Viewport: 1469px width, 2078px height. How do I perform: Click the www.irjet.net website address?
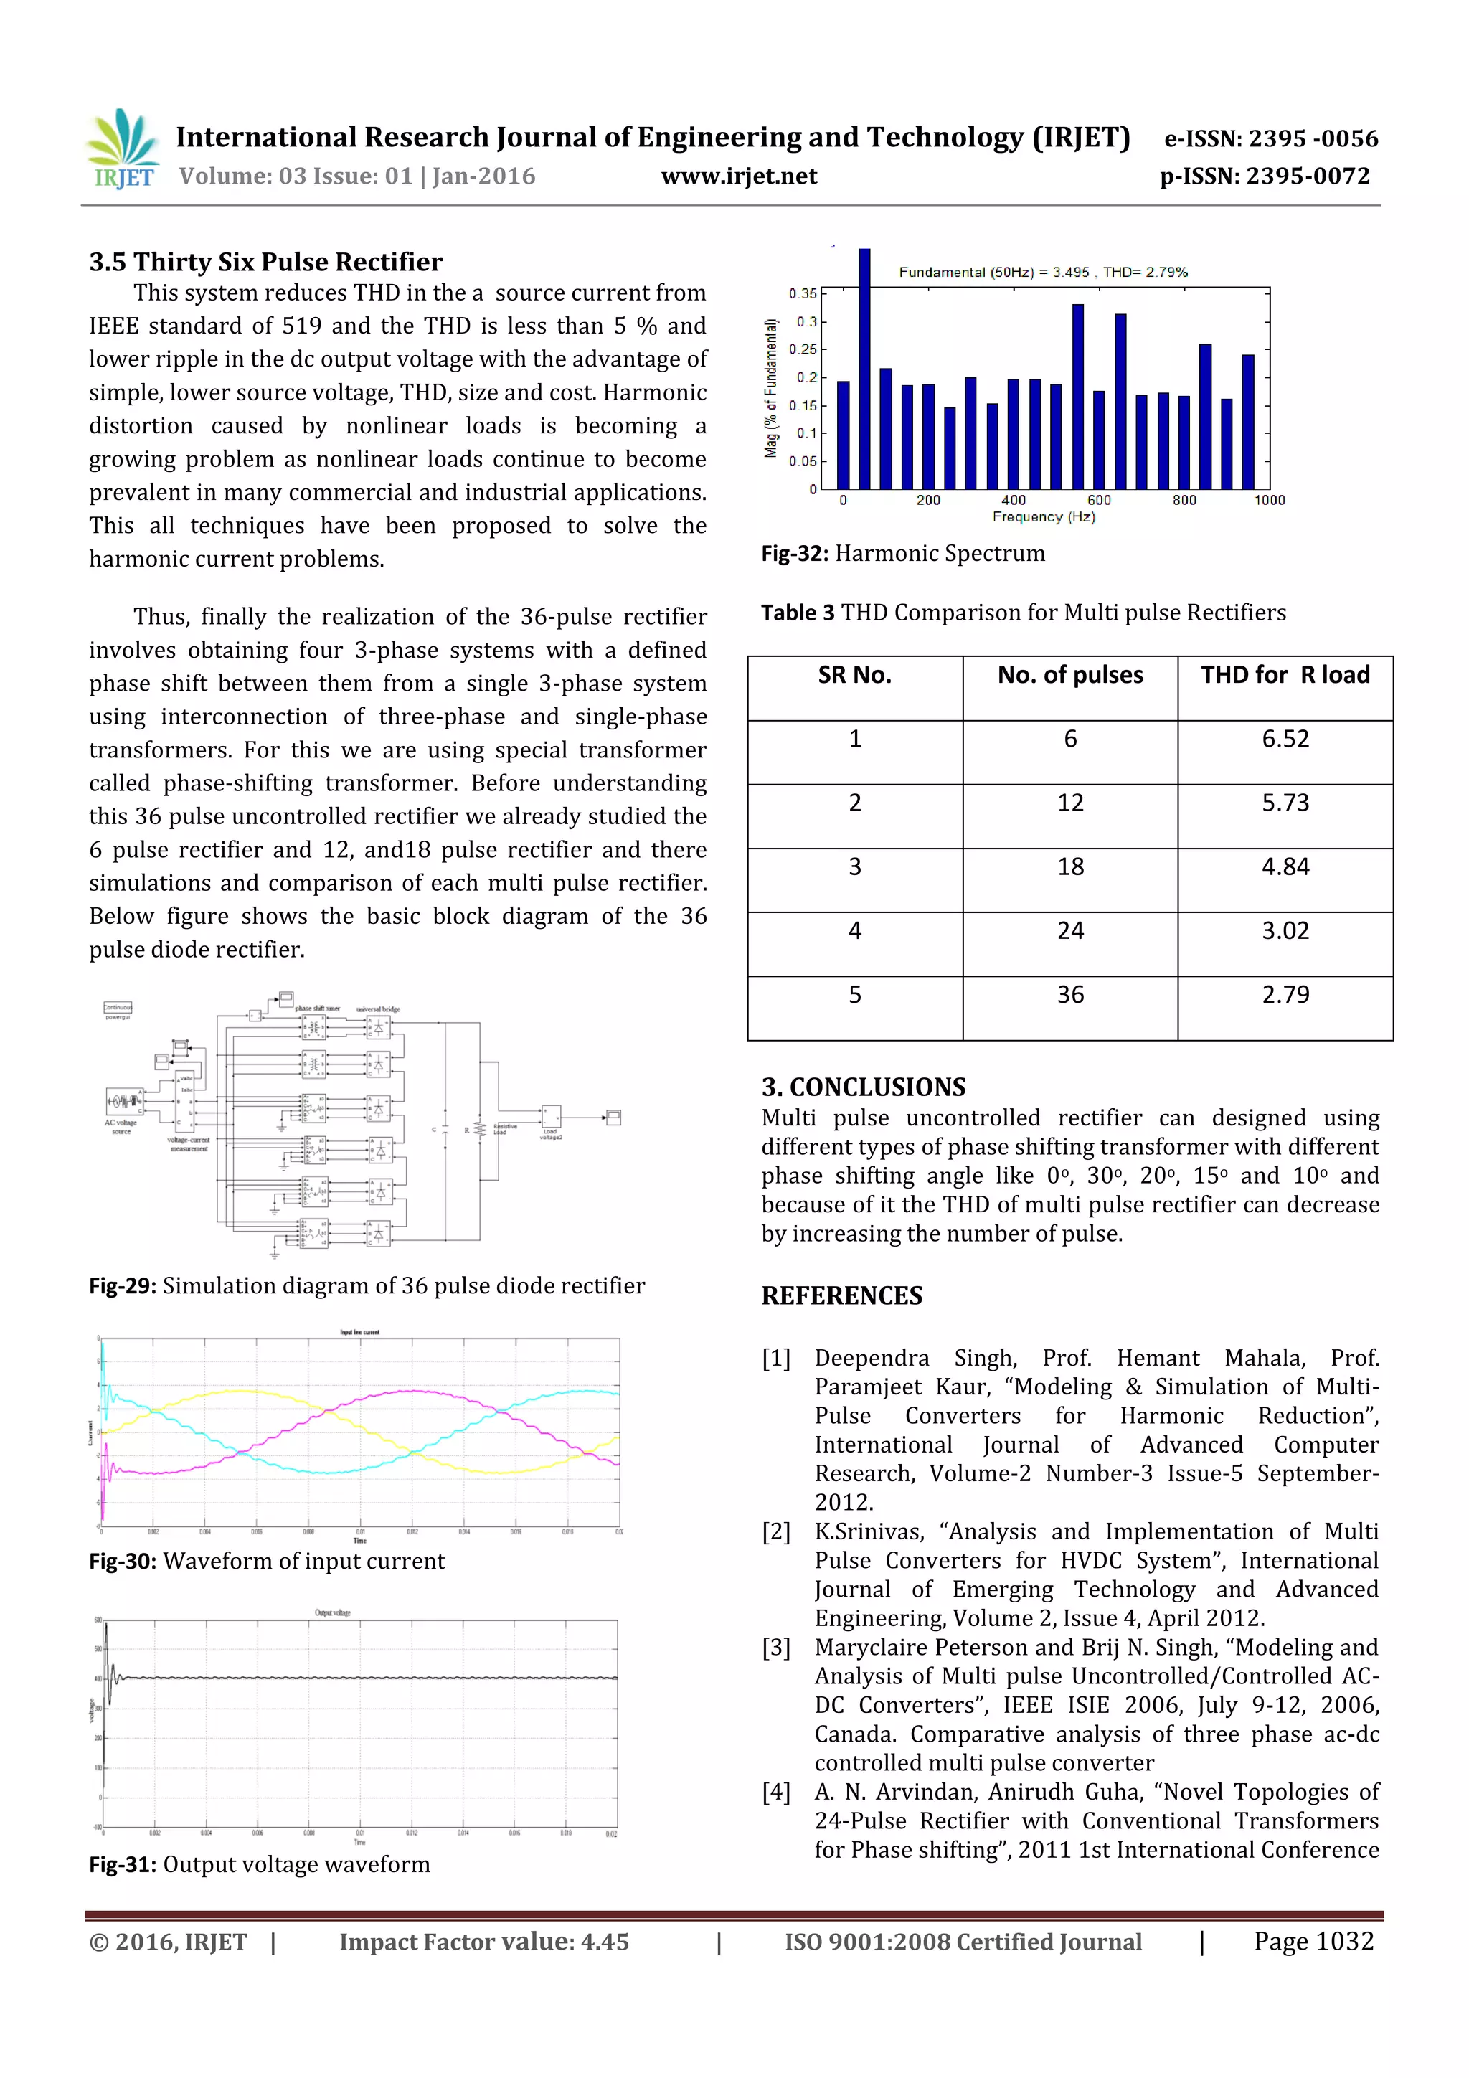[739, 176]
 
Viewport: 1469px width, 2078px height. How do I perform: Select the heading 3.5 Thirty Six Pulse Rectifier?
[265, 263]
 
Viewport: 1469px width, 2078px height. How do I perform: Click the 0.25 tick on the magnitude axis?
[802, 349]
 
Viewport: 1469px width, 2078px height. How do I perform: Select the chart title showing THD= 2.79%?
[1043, 272]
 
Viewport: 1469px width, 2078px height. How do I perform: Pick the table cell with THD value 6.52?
[1285, 740]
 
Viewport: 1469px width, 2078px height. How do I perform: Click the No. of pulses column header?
[1070, 675]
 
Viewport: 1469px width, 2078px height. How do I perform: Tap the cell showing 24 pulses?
[1070, 931]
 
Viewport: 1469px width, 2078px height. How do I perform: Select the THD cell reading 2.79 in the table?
[1285, 996]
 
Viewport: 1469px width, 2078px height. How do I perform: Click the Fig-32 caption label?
[795, 554]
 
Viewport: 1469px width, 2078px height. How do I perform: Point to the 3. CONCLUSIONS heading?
[863, 1087]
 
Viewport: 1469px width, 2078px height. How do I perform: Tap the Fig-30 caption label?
[123, 1562]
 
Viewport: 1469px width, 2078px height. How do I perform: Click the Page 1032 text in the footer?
[1313, 1941]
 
